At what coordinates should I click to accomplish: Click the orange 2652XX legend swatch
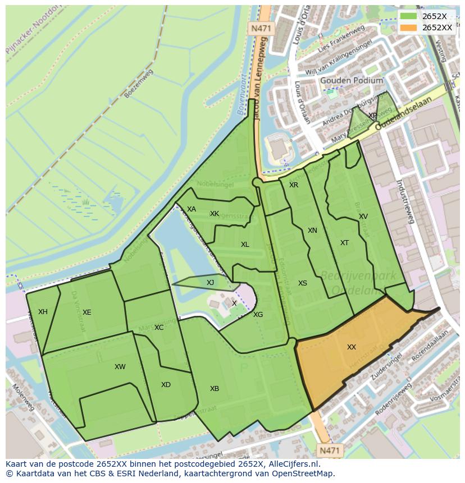[x=409, y=27]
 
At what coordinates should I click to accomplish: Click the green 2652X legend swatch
[x=409, y=16]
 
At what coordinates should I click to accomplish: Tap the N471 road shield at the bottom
[x=330, y=450]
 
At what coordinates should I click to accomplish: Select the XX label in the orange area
[x=352, y=347]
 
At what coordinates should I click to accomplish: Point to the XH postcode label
[x=43, y=312]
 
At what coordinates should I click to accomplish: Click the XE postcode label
[x=86, y=312]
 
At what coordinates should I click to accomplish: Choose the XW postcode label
[x=120, y=367]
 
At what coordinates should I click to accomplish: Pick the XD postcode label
[x=166, y=385]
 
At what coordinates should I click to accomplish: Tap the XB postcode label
[x=215, y=389]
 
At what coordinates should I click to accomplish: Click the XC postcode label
[x=159, y=328]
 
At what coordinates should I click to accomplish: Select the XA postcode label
[x=192, y=209]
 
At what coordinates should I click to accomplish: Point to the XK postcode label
[x=215, y=214]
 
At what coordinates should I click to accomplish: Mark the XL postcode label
[x=245, y=245]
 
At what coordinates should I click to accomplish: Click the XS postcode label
[x=303, y=283]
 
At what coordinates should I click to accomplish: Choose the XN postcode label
[x=312, y=231]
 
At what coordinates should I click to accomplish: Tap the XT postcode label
[x=344, y=243]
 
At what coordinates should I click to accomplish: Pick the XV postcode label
[x=363, y=217]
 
